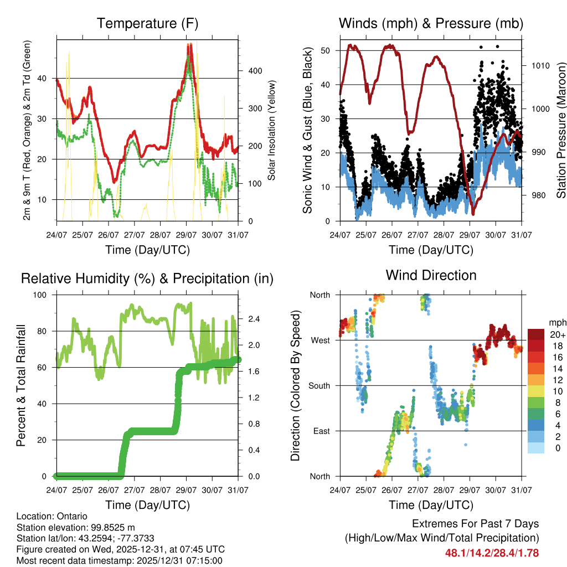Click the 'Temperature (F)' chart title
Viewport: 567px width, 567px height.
coord(147,23)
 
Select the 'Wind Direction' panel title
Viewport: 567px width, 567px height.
coord(431,275)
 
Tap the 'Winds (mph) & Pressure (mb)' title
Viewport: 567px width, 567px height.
coord(431,23)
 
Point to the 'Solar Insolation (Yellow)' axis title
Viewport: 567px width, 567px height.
coord(272,130)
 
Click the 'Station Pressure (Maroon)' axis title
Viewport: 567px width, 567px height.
coord(560,131)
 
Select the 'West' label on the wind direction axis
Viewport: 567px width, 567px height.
coord(320,340)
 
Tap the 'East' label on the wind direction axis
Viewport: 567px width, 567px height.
coord(321,431)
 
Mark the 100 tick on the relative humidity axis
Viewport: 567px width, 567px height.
coord(43,295)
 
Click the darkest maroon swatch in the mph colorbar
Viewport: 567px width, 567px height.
coord(535,334)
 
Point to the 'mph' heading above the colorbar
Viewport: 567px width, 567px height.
coord(556,322)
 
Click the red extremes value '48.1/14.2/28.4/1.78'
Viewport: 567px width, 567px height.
coord(492,553)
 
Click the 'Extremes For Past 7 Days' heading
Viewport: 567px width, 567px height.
coord(475,524)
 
